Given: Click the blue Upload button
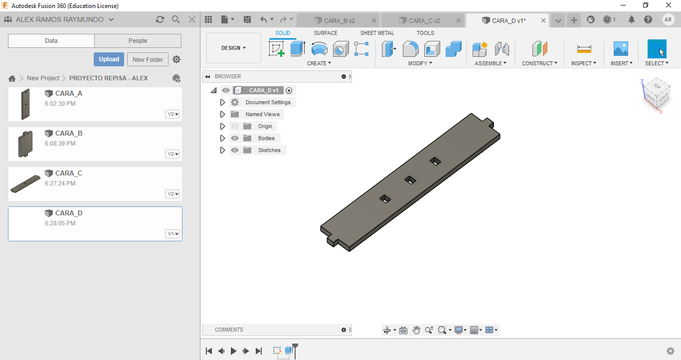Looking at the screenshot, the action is click(x=109, y=59).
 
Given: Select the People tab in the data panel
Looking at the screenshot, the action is click(x=138, y=41).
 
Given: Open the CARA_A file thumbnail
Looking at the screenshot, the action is click(x=25, y=104).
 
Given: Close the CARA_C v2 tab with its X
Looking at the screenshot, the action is click(x=459, y=20).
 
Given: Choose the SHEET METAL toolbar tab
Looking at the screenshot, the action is click(x=377, y=33).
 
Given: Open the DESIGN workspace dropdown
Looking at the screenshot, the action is click(x=233, y=48).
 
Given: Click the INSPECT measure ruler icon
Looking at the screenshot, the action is click(x=584, y=49).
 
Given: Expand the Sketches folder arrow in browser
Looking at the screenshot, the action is click(x=222, y=150).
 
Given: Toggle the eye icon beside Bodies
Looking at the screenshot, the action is click(x=234, y=138).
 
